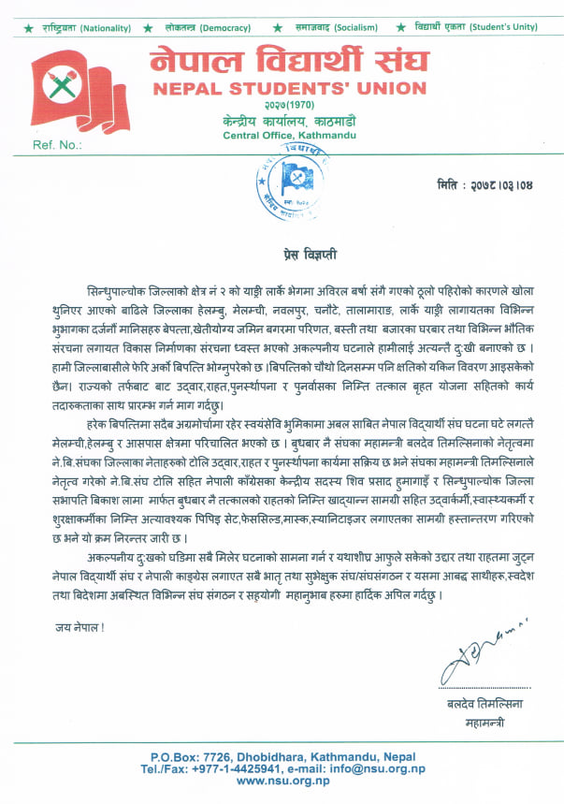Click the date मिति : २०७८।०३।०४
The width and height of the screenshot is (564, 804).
483,184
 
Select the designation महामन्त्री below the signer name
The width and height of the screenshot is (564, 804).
484,723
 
